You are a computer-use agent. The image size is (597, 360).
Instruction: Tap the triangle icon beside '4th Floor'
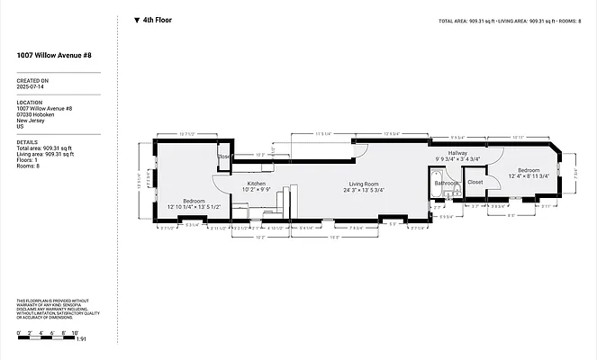136,20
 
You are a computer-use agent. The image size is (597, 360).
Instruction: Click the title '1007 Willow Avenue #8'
53,56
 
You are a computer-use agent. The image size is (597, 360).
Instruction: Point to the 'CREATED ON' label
33,79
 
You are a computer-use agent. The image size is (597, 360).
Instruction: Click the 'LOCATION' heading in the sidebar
30,102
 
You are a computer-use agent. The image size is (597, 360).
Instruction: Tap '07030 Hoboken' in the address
37,113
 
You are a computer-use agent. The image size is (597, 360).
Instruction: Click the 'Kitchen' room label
257,184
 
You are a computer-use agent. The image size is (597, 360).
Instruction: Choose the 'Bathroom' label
447,183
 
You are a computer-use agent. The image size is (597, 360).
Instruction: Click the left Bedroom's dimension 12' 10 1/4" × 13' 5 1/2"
194,207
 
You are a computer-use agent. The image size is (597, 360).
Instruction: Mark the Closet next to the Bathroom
475,183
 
